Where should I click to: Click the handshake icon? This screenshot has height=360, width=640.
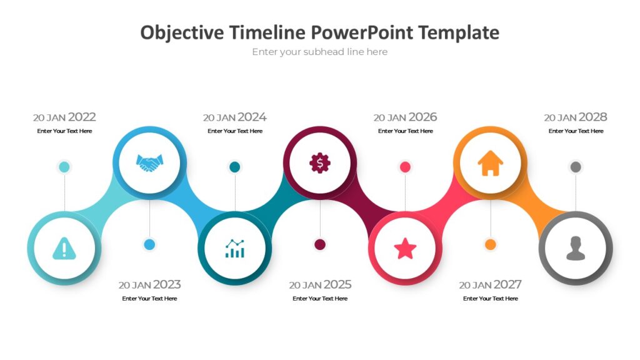(149, 163)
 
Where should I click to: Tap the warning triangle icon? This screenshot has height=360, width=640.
(64, 249)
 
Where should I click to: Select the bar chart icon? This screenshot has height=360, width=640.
(235, 248)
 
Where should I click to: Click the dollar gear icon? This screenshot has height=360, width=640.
(320, 163)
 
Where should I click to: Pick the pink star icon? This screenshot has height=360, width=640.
(405, 249)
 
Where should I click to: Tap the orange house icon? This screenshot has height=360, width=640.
(490, 163)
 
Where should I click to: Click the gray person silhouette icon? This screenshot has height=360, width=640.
(575, 248)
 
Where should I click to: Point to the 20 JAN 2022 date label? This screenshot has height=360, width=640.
(64, 117)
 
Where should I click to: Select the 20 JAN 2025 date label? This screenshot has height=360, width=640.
(320, 284)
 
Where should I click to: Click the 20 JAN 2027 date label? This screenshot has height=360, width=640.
(490, 284)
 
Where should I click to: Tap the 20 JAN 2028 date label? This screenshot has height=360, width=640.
(575, 117)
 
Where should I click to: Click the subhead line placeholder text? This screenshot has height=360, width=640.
(320, 52)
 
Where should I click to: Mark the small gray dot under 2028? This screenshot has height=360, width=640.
(576, 167)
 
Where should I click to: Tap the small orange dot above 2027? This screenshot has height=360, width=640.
(491, 244)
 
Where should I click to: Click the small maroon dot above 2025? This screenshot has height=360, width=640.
(320, 244)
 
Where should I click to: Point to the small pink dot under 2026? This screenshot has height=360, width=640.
(405, 167)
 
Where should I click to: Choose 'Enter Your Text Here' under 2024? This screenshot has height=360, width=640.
(235, 131)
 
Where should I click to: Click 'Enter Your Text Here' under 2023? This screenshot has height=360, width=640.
(149, 299)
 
